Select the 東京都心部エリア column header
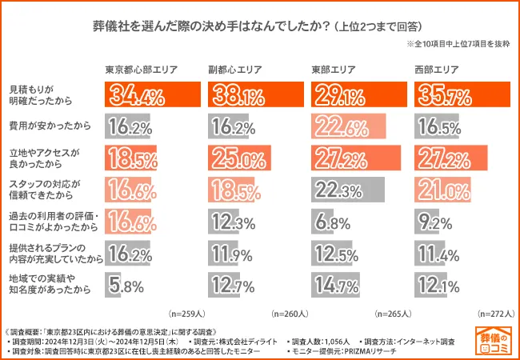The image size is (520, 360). tap(142, 70)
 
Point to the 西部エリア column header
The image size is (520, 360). tap(438, 70)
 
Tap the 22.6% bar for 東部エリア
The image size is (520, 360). tap(342, 126)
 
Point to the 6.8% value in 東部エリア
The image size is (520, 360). tap(331, 220)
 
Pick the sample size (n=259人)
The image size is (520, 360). tap(189, 313)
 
